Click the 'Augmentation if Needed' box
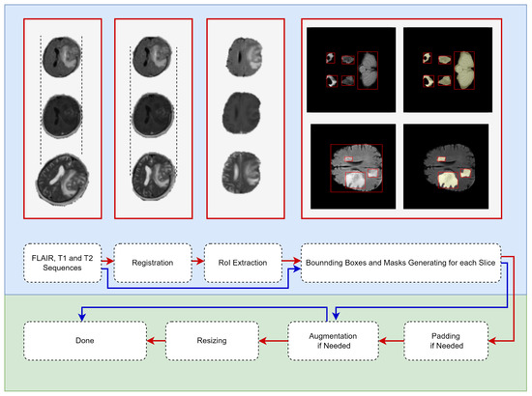[x=331, y=340]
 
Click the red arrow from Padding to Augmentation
[x=390, y=340]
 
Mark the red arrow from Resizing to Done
[x=155, y=340]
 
